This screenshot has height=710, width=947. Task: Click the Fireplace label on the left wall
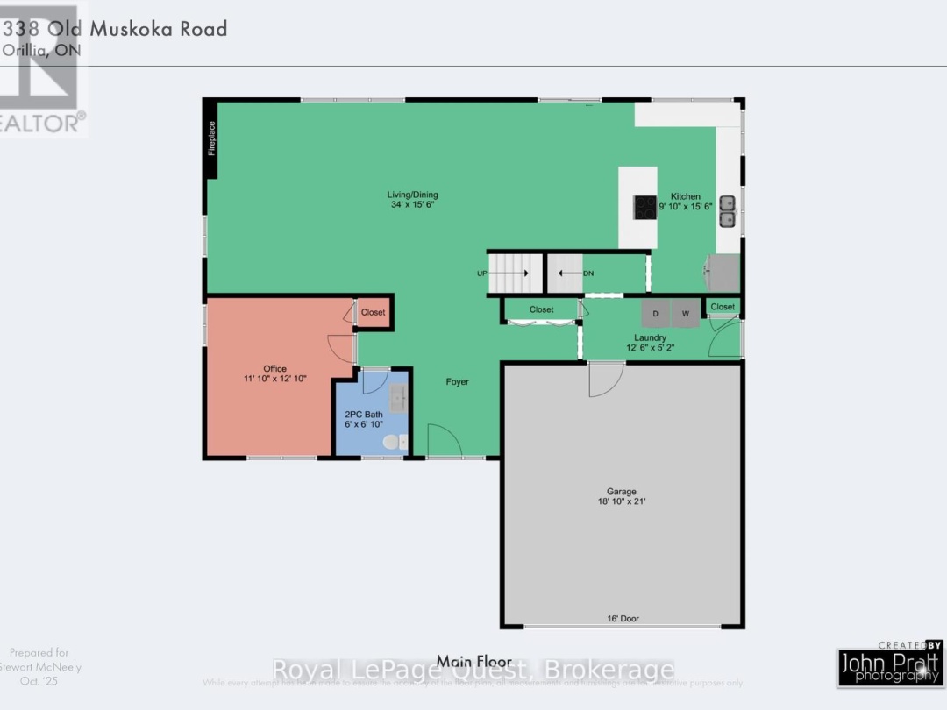(x=211, y=138)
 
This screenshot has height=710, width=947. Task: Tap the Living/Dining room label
(x=413, y=199)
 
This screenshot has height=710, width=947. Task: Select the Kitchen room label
(x=686, y=202)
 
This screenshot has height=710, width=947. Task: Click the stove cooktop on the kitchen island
(x=644, y=207)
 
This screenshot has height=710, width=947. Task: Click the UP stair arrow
(x=509, y=273)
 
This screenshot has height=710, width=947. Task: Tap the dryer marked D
(x=656, y=313)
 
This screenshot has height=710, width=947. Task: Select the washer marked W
(x=686, y=313)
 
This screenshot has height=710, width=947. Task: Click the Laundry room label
(x=651, y=343)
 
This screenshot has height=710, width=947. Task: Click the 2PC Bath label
(x=362, y=419)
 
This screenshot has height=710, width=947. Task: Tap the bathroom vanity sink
(x=399, y=398)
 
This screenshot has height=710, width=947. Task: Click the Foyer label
(x=457, y=382)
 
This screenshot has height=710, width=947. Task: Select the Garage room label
(x=622, y=497)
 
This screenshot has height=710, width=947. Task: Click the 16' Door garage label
(x=623, y=619)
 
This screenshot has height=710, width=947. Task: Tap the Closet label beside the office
(x=373, y=312)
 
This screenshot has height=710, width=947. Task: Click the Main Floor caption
(x=473, y=660)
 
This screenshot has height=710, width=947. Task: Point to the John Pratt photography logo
(x=889, y=663)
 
